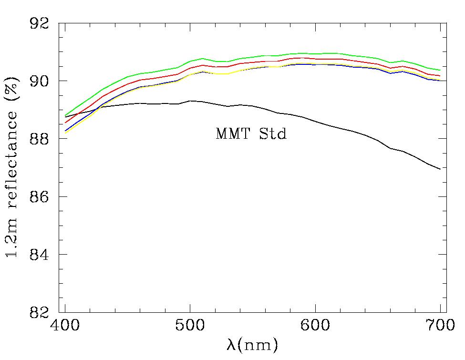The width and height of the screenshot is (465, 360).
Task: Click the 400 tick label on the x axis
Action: (65, 329)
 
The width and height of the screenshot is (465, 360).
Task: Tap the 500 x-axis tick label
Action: (190, 329)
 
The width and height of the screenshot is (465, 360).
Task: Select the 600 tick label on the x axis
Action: (315, 329)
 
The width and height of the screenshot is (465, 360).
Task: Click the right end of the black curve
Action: (440, 169)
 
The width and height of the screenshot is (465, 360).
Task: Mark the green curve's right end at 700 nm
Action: (440, 70)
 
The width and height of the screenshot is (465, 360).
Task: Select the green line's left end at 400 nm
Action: (65, 115)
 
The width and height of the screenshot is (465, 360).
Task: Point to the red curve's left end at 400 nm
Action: (65, 123)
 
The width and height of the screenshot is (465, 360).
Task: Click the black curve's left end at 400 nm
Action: (65, 117)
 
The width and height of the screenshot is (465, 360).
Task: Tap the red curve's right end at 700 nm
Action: (440, 76)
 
